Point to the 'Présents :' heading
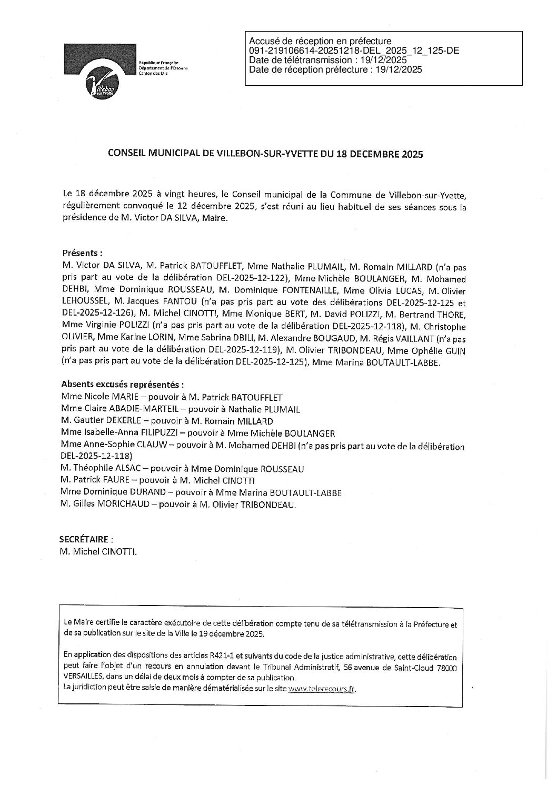(x=83, y=253)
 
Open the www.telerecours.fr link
(x=322, y=690)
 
